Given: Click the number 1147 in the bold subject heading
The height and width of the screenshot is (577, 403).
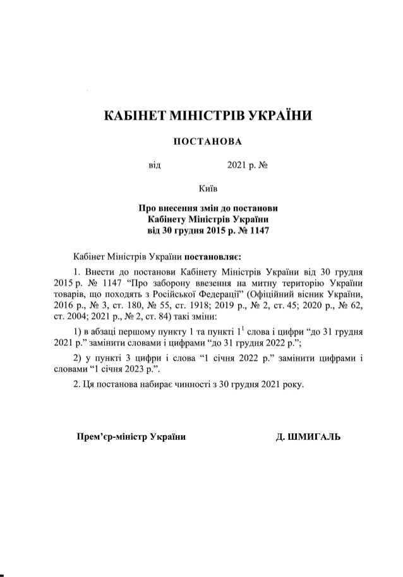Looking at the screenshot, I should [259, 230].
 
